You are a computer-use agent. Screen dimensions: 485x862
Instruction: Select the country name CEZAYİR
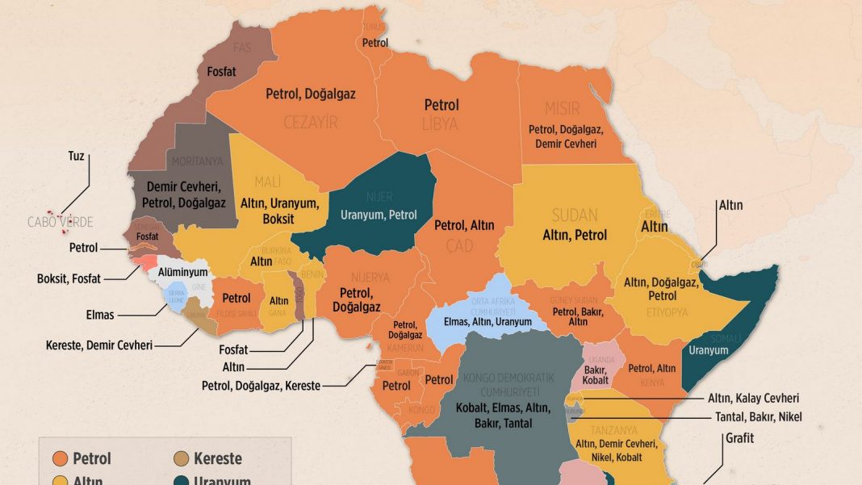311,122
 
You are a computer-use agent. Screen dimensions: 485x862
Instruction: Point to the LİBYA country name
441,124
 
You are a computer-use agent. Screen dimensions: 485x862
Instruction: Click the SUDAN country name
574,215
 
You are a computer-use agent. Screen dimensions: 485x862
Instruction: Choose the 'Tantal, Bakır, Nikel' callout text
755,416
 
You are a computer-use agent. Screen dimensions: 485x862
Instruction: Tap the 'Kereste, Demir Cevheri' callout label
99,345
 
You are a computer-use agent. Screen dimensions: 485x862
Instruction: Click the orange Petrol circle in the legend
59,459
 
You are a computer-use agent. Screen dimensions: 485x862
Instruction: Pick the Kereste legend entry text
217,459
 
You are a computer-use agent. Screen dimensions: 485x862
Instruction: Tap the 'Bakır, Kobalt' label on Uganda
595,374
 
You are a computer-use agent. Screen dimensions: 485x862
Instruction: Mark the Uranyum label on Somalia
709,350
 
